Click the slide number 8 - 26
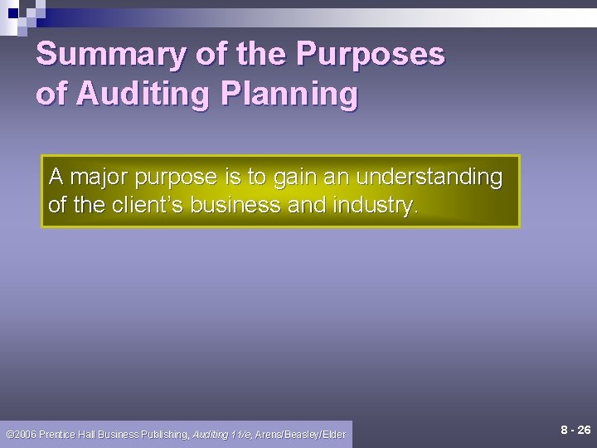click(575, 431)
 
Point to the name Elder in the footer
click(332, 434)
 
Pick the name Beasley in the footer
click(298, 434)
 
